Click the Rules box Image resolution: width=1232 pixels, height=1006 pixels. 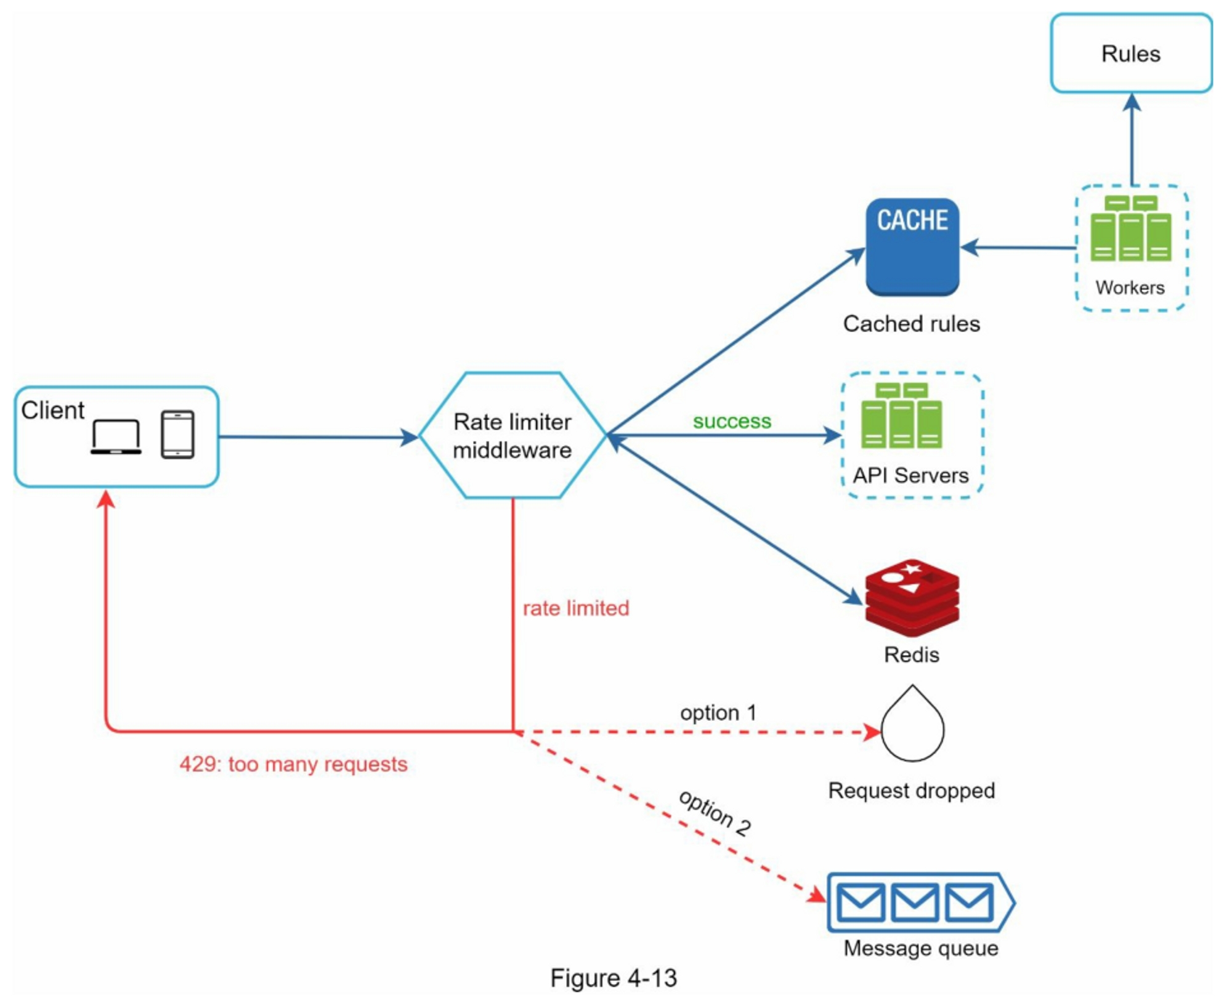pyautogui.click(x=1130, y=54)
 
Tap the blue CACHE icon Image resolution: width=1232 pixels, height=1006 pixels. pyautogui.click(x=912, y=246)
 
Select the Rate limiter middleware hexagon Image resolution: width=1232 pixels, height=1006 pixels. pyautogui.click(x=513, y=435)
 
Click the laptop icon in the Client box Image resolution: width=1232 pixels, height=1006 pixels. pyautogui.click(x=116, y=437)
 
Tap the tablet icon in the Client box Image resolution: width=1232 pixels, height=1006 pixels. pyautogui.click(x=177, y=435)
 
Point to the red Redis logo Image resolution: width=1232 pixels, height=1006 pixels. pyautogui.click(x=912, y=597)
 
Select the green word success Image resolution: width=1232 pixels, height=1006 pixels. pyautogui.click(x=732, y=421)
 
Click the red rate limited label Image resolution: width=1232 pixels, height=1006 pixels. pyautogui.click(x=576, y=608)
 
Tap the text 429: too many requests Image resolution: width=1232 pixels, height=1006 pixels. pyautogui.click(x=293, y=764)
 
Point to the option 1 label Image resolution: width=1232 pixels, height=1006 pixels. pyautogui.click(x=718, y=712)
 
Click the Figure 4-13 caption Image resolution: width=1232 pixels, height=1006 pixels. pyautogui.click(x=614, y=978)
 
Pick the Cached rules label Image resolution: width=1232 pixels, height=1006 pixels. pyautogui.click(x=911, y=324)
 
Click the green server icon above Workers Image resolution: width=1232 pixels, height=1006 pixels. pyautogui.click(x=1130, y=229)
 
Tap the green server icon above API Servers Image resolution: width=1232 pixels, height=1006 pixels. pyautogui.click(x=901, y=416)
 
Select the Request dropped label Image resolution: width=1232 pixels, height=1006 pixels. pyautogui.click(x=911, y=791)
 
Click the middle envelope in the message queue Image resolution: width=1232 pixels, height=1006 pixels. pyautogui.click(x=915, y=903)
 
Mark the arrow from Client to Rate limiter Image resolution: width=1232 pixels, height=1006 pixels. pyautogui.click(x=317, y=437)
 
